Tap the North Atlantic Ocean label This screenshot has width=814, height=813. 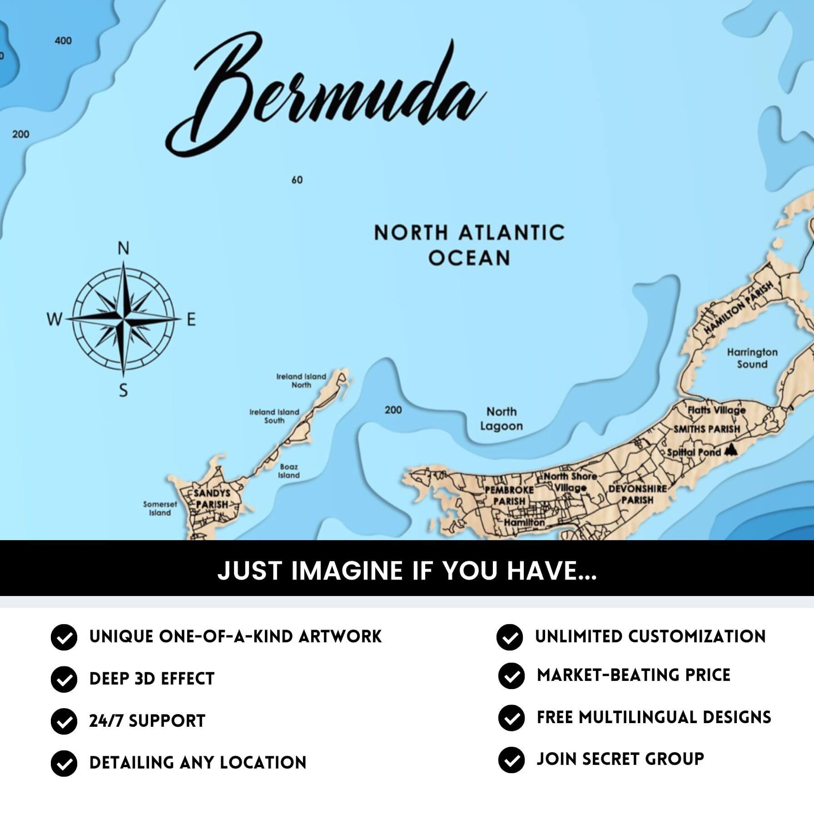(x=469, y=245)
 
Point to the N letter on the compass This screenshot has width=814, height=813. (x=124, y=248)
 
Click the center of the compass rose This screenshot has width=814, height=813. (x=123, y=319)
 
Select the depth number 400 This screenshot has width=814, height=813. (x=63, y=41)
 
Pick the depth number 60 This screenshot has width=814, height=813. (x=297, y=180)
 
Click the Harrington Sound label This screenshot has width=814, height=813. (x=752, y=358)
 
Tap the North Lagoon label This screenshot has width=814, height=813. (x=501, y=419)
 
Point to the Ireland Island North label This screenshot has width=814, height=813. (x=301, y=380)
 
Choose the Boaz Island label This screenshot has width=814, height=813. (x=289, y=471)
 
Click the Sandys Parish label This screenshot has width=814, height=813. (x=212, y=498)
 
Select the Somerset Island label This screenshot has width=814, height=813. (x=160, y=508)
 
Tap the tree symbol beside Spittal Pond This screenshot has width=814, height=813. (x=730, y=450)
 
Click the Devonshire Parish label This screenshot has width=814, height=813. (x=637, y=494)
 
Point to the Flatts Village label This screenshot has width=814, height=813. (x=716, y=410)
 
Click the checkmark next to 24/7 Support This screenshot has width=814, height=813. (x=64, y=721)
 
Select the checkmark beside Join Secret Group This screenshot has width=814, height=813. (x=511, y=760)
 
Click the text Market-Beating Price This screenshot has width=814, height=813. (x=633, y=675)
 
